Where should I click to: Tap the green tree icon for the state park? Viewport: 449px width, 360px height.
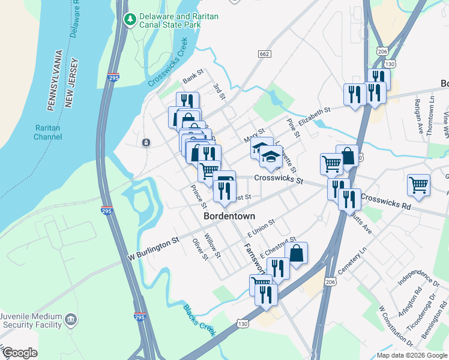coord(130,20)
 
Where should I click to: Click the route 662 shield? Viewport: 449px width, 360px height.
coord(264,54)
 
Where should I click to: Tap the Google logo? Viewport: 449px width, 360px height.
coord(20,353)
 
